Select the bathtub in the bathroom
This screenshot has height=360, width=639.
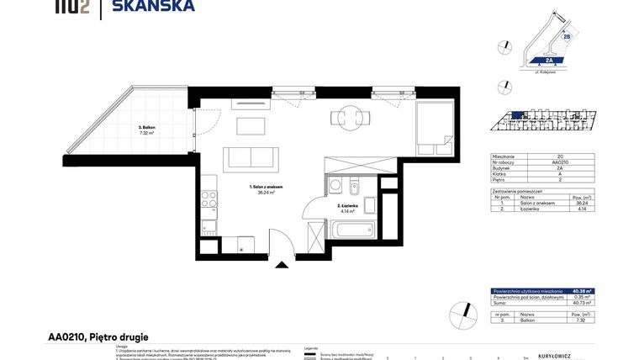click(x=351, y=228)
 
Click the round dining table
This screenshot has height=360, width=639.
click(x=347, y=118)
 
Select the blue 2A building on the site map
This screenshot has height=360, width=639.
click(x=547, y=60)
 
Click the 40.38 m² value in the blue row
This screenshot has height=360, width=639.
click(x=580, y=290)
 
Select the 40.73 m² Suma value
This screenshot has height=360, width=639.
click(x=580, y=303)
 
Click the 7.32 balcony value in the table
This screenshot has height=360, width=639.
click(x=580, y=320)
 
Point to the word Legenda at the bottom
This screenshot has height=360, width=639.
click(x=311, y=347)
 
